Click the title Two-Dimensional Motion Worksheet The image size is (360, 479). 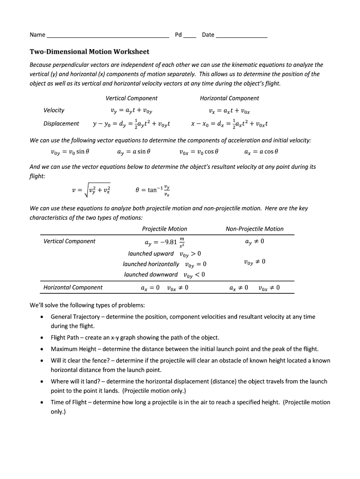89,52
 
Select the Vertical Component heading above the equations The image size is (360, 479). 131,98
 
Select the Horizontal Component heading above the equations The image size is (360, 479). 229,98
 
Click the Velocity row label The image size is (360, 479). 54,110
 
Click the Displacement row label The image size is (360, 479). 61,124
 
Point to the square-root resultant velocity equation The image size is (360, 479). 91,190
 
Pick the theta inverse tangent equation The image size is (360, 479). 152,190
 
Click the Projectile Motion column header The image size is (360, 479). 165,229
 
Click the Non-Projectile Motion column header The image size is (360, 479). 254,229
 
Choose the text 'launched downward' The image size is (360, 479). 151,275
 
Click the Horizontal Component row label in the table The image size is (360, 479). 73,287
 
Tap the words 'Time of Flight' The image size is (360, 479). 69,402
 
